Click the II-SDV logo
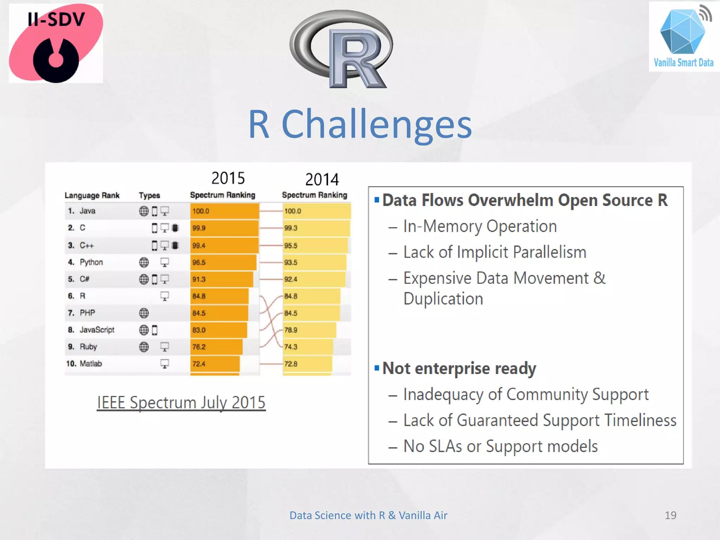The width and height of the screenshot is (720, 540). click(56, 43)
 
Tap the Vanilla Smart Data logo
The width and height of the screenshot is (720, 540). click(683, 37)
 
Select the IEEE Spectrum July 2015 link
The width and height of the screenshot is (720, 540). click(181, 403)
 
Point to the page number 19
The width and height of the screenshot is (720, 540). click(670, 515)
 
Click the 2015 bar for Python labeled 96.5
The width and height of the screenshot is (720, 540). click(223, 263)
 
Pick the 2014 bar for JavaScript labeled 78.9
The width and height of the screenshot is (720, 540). click(309, 330)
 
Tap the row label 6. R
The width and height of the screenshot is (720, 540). click(77, 296)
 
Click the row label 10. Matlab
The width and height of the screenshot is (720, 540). click(84, 364)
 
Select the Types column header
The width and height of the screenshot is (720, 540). click(149, 195)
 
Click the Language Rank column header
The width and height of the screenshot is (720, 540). click(92, 195)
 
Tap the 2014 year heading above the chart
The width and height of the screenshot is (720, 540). click(322, 180)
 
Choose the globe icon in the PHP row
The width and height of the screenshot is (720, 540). click(144, 313)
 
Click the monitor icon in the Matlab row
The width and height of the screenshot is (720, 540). click(165, 364)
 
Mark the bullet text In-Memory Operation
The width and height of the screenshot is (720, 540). click(480, 226)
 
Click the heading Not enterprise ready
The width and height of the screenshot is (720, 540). click(459, 368)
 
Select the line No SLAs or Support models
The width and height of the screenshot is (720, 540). click(500, 446)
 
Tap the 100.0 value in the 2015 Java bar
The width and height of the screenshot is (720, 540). click(201, 211)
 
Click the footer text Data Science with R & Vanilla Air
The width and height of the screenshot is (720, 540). click(368, 515)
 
